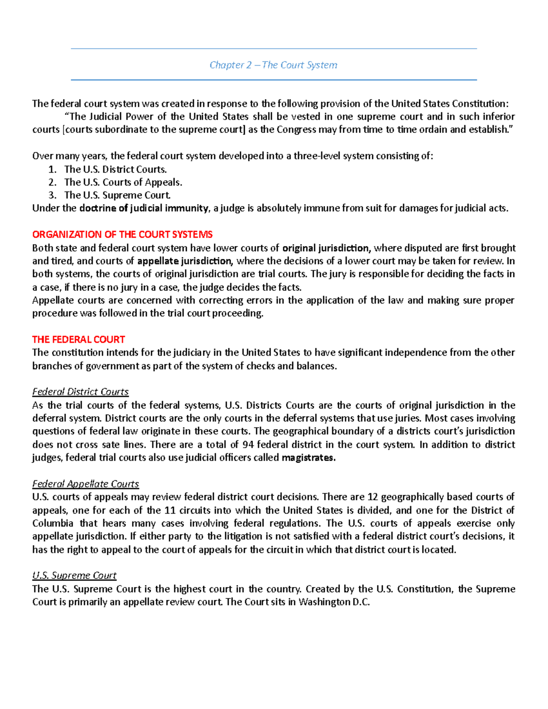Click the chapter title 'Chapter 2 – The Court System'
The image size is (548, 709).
[x=273, y=65]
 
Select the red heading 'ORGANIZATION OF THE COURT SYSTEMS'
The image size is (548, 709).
[x=122, y=235]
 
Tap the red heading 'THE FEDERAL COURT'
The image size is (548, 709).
[x=79, y=340]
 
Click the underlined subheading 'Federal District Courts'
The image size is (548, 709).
[x=80, y=392]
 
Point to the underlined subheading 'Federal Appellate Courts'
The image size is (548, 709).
[x=85, y=484]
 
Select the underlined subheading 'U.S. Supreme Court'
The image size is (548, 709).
[x=74, y=576]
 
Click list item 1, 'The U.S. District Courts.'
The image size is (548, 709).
[x=115, y=169]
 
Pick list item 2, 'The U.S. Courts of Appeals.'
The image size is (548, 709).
[x=123, y=182]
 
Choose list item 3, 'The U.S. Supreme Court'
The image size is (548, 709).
[x=117, y=195]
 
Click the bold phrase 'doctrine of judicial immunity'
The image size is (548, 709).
[x=144, y=209]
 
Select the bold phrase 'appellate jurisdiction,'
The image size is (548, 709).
[x=185, y=261]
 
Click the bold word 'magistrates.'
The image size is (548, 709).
[x=309, y=458]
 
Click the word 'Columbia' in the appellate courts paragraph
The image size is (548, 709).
[x=53, y=523]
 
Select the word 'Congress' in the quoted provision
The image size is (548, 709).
[x=296, y=130]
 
